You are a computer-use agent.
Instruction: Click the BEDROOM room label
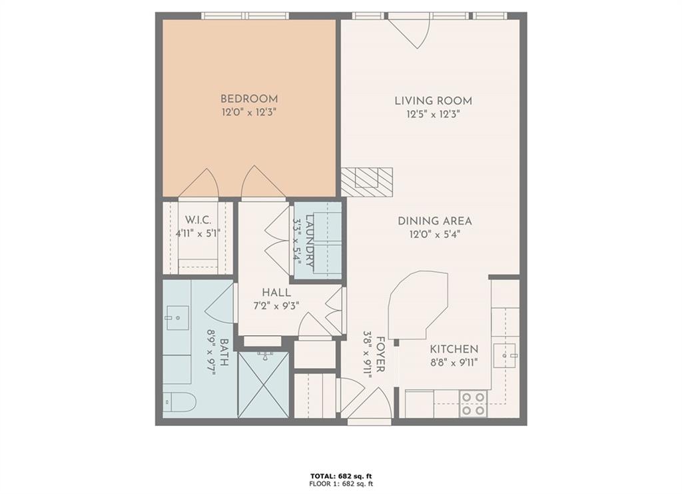coord(249,99)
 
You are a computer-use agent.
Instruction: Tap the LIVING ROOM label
coord(433,101)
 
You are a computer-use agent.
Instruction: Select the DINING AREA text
coord(435,221)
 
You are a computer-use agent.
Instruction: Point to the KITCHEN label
coord(454,349)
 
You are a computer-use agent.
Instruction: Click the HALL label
coord(276,293)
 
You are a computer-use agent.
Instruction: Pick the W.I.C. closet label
coord(198,220)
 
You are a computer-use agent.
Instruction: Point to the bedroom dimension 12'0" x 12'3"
coord(249,113)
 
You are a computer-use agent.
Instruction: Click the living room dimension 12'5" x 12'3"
coord(434,114)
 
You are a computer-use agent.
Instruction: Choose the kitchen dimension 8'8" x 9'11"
coord(454,363)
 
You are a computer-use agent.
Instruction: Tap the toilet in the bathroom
coord(180,402)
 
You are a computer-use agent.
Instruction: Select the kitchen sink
coord(506,355)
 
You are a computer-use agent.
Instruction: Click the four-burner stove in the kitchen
coord(474,403)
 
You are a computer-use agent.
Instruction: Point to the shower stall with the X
coord(264,385)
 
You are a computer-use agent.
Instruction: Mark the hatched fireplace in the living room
coord(366,181)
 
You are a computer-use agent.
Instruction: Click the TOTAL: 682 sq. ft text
coord(340,475)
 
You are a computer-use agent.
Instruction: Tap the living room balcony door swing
coord(412,32)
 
